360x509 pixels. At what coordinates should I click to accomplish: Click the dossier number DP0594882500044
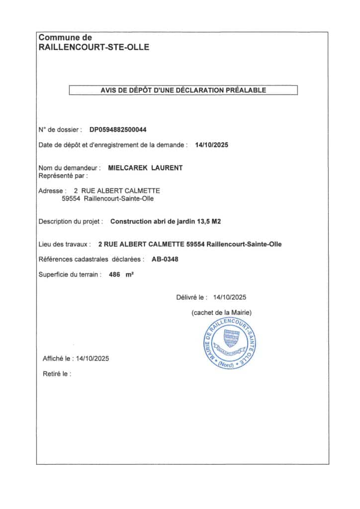(x=118, y=130)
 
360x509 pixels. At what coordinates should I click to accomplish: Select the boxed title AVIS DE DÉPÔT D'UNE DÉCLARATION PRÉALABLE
(x=183, y=90)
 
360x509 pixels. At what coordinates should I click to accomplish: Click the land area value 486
(x=115, y=274)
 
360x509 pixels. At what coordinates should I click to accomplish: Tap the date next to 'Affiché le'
(x=91, y=358)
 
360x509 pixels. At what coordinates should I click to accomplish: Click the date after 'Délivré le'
(x=229, y=298)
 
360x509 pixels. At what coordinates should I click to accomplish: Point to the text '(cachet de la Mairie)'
(x=221, y=312)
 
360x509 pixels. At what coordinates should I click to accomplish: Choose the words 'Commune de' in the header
(x=65, y=37)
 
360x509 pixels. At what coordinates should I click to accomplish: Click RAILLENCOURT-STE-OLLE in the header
(x=93, y=48)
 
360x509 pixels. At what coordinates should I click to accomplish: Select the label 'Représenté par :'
(x=63, y=175)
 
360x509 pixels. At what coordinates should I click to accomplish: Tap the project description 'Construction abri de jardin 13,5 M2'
(x=165, y=221)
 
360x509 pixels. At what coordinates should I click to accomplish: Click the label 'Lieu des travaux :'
(x=65, y=244)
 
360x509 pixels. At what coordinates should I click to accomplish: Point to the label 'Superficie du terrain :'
(x=70, y=274)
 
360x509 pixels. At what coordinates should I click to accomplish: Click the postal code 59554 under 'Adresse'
(x=70, y=199)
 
